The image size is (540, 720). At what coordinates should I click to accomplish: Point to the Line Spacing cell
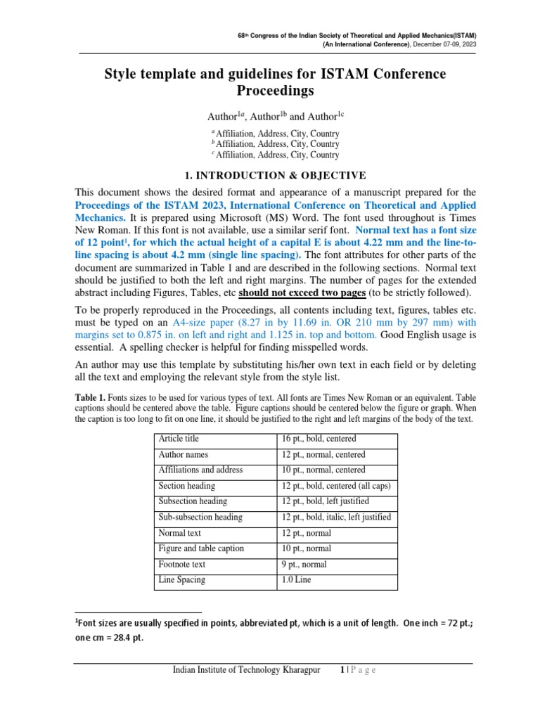coord(182,580)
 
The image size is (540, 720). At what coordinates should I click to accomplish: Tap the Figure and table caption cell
coord(201,548)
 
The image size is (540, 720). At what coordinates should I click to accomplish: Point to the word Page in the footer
coord(362,670)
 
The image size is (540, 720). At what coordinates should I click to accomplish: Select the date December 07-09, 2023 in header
coord(444,44)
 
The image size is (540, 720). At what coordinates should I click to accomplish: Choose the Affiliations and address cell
coord(200,470)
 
